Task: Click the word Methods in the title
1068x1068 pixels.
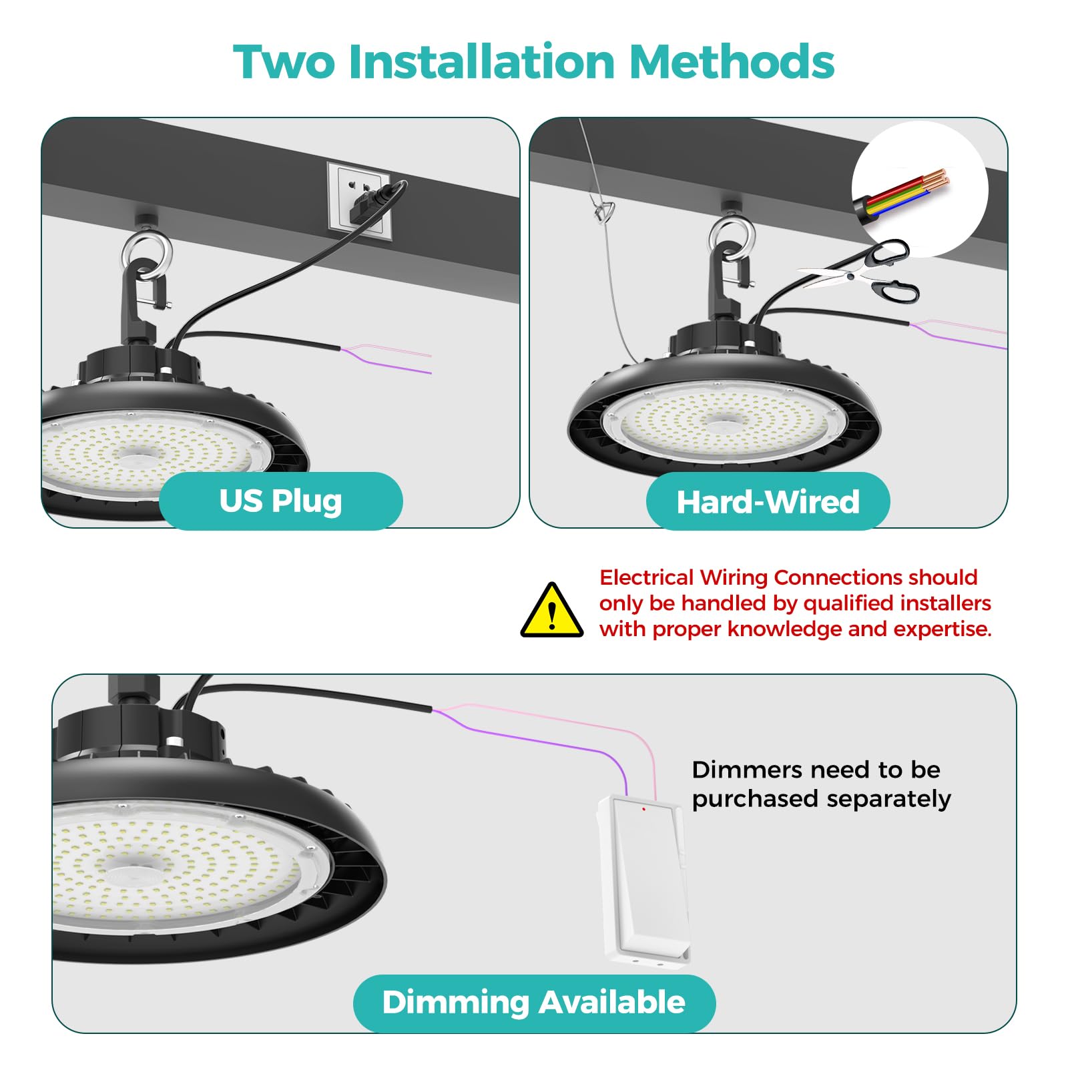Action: [x=732, y=62]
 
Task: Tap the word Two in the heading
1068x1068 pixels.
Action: [x=284, y=62]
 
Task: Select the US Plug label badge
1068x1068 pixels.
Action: [x=280, y=501]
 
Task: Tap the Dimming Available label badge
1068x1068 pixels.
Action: [x=534, y=1003]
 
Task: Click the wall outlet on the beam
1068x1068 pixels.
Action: [x=359, y=198]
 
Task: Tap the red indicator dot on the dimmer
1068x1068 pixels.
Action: [x=643, y=809]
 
